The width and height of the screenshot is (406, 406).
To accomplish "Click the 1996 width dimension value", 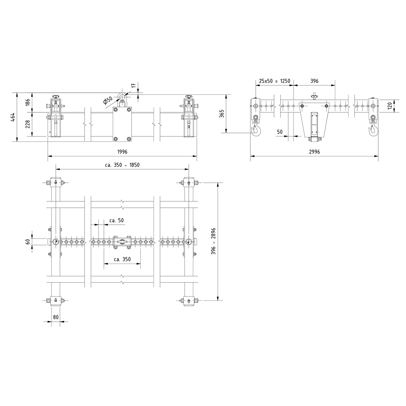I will point(122,152).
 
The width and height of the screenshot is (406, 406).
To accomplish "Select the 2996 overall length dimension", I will point(314,152).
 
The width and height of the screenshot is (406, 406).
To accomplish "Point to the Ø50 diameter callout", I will point(108,100).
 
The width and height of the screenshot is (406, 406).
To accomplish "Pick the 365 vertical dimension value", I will point(222,114).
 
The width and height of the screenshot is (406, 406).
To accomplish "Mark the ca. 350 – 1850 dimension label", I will point(122,165).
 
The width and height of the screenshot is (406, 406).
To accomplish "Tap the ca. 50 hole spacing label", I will point(116,220).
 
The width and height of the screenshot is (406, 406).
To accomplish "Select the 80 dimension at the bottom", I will point(56,317).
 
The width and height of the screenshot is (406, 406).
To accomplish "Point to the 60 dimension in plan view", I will point(28,242).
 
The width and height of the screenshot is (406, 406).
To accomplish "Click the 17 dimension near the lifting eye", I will point(134,86).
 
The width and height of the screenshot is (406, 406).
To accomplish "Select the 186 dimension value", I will point(28,103).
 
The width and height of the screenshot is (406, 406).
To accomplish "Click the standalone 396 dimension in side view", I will point(314,82).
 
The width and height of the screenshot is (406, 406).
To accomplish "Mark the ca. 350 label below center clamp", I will point(122,260).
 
